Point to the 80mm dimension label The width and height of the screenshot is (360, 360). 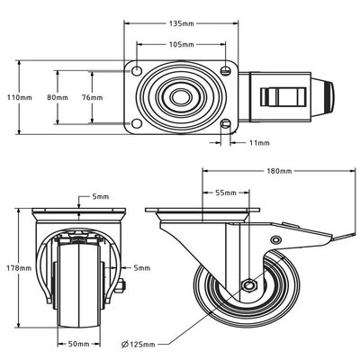point(58,97)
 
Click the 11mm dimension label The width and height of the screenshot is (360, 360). point(259,142)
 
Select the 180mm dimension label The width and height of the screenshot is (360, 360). point(279,171)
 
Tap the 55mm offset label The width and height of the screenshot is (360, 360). point(226,192)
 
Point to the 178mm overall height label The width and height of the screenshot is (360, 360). point(12,266)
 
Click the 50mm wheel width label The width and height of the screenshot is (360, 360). point(78,343)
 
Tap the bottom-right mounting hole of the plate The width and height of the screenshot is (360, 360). point(225,124)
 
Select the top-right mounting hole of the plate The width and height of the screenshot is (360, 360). point(225,68)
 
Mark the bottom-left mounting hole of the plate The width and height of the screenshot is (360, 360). point(137,124)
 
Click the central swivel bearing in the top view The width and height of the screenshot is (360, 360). point(181,96)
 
